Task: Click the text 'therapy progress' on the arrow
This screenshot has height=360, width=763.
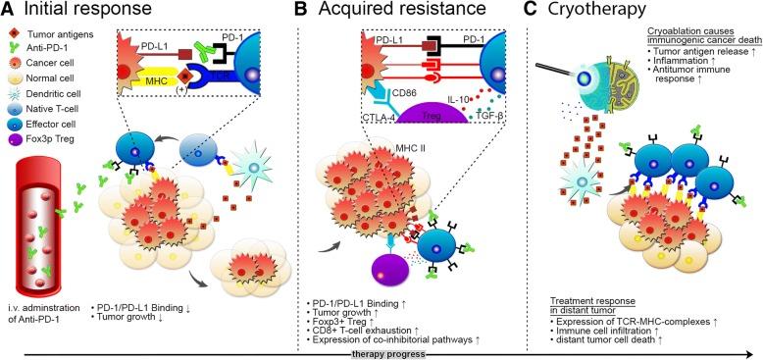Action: pos(384,351)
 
